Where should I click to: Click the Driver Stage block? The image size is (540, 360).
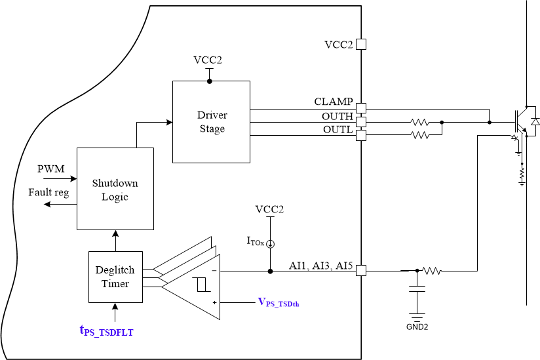211,122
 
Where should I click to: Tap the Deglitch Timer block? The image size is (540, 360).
115,277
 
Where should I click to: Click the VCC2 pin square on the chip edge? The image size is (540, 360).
360,44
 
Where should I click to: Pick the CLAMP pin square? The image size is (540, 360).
360,107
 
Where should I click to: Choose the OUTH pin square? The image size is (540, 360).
360,121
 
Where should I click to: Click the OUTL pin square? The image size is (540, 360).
360,135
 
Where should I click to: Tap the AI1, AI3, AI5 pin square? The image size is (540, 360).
360,270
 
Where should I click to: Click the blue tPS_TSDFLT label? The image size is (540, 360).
106,332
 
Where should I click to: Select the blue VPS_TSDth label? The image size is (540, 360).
282,302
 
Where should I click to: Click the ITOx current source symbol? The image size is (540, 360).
270,243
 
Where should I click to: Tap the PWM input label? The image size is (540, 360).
51,169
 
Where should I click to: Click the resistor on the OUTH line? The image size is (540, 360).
419,121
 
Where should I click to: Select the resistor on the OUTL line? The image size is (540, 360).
419,135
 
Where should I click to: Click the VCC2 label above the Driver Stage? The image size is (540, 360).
208,60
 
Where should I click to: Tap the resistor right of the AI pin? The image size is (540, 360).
433,270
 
